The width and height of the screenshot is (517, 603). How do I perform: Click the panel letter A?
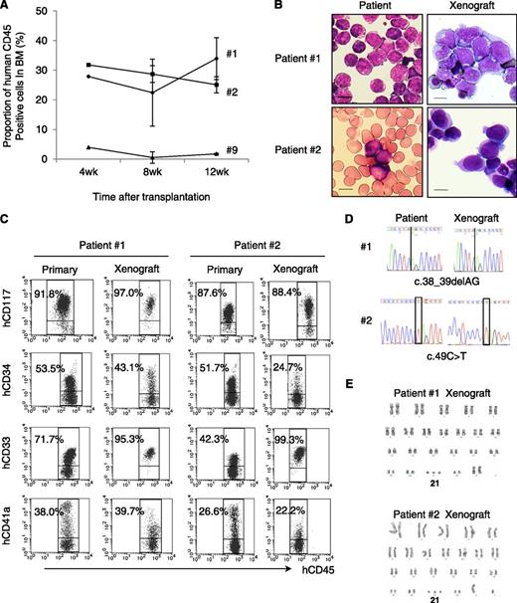point(7,8)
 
